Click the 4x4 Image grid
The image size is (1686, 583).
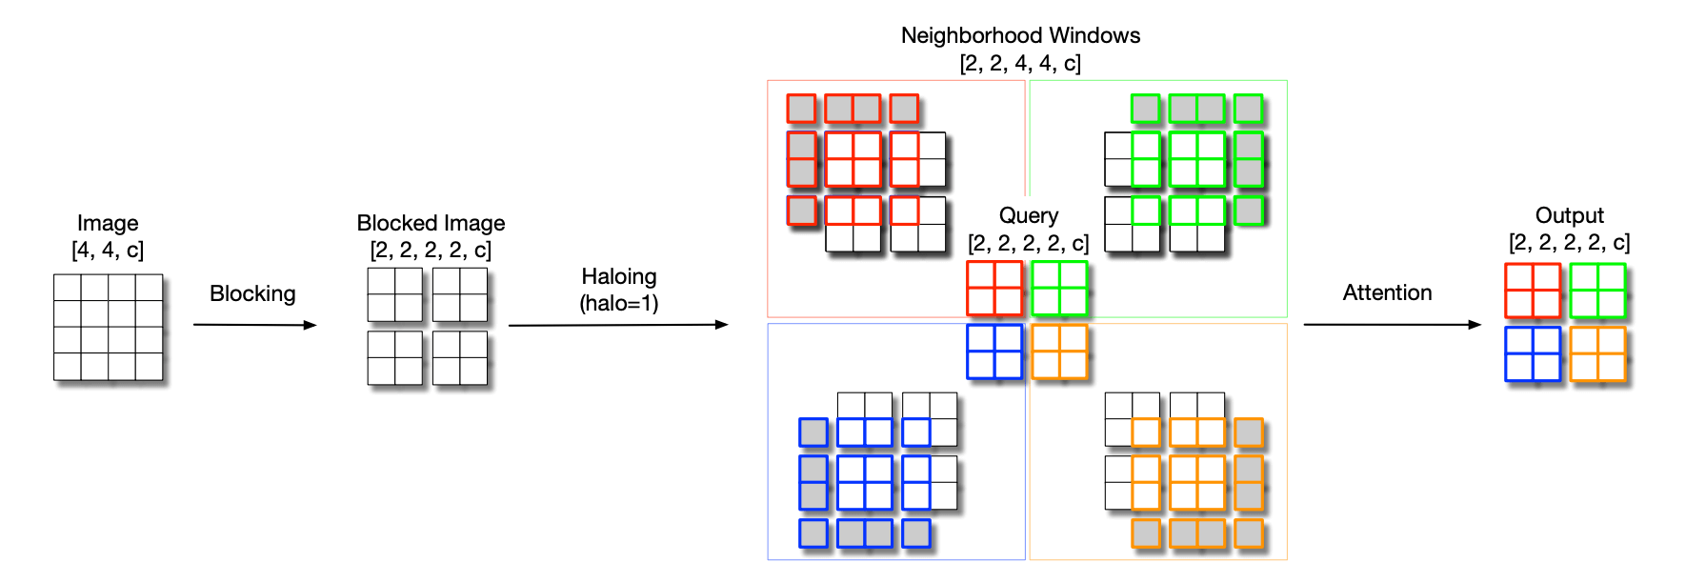pos(108,327)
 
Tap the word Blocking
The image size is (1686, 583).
pos(252,293)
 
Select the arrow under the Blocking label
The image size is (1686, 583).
pos(254,325)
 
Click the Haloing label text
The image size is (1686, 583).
pos(619,276)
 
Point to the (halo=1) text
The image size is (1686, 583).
pos(619,303)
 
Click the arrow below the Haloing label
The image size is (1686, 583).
pos(618,325)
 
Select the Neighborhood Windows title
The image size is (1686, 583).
pos(1020,35)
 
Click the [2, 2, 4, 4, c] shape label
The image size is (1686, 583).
pos(1020,63)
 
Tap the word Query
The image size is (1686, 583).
pos(1028,215)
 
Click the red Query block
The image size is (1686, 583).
pos(994,288)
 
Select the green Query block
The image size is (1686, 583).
pos(1059,288)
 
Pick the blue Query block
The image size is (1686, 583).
pos(994,352)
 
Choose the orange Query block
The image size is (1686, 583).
pos(1059,352)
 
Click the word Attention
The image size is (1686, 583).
pos(1387,292)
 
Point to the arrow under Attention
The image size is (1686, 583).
pos(1392,325)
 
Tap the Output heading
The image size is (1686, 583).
pos(1569,215)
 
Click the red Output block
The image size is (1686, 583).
pos(1533,291)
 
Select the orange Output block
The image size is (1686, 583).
pos(1597,354)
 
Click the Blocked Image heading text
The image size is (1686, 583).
pos(431,223)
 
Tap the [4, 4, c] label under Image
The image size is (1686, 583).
pos(108,250)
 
